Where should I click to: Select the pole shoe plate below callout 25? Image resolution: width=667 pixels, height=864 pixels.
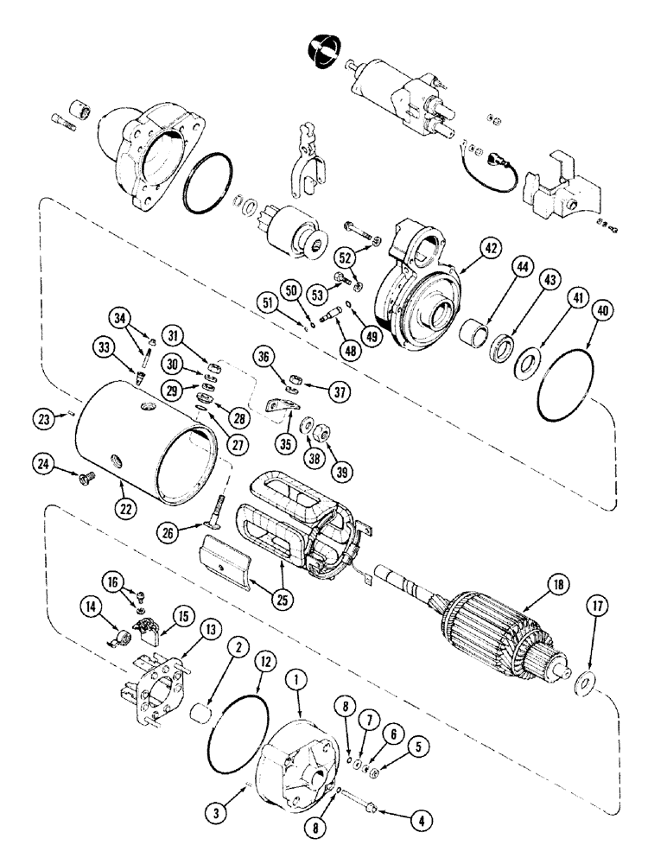point(229,559)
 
